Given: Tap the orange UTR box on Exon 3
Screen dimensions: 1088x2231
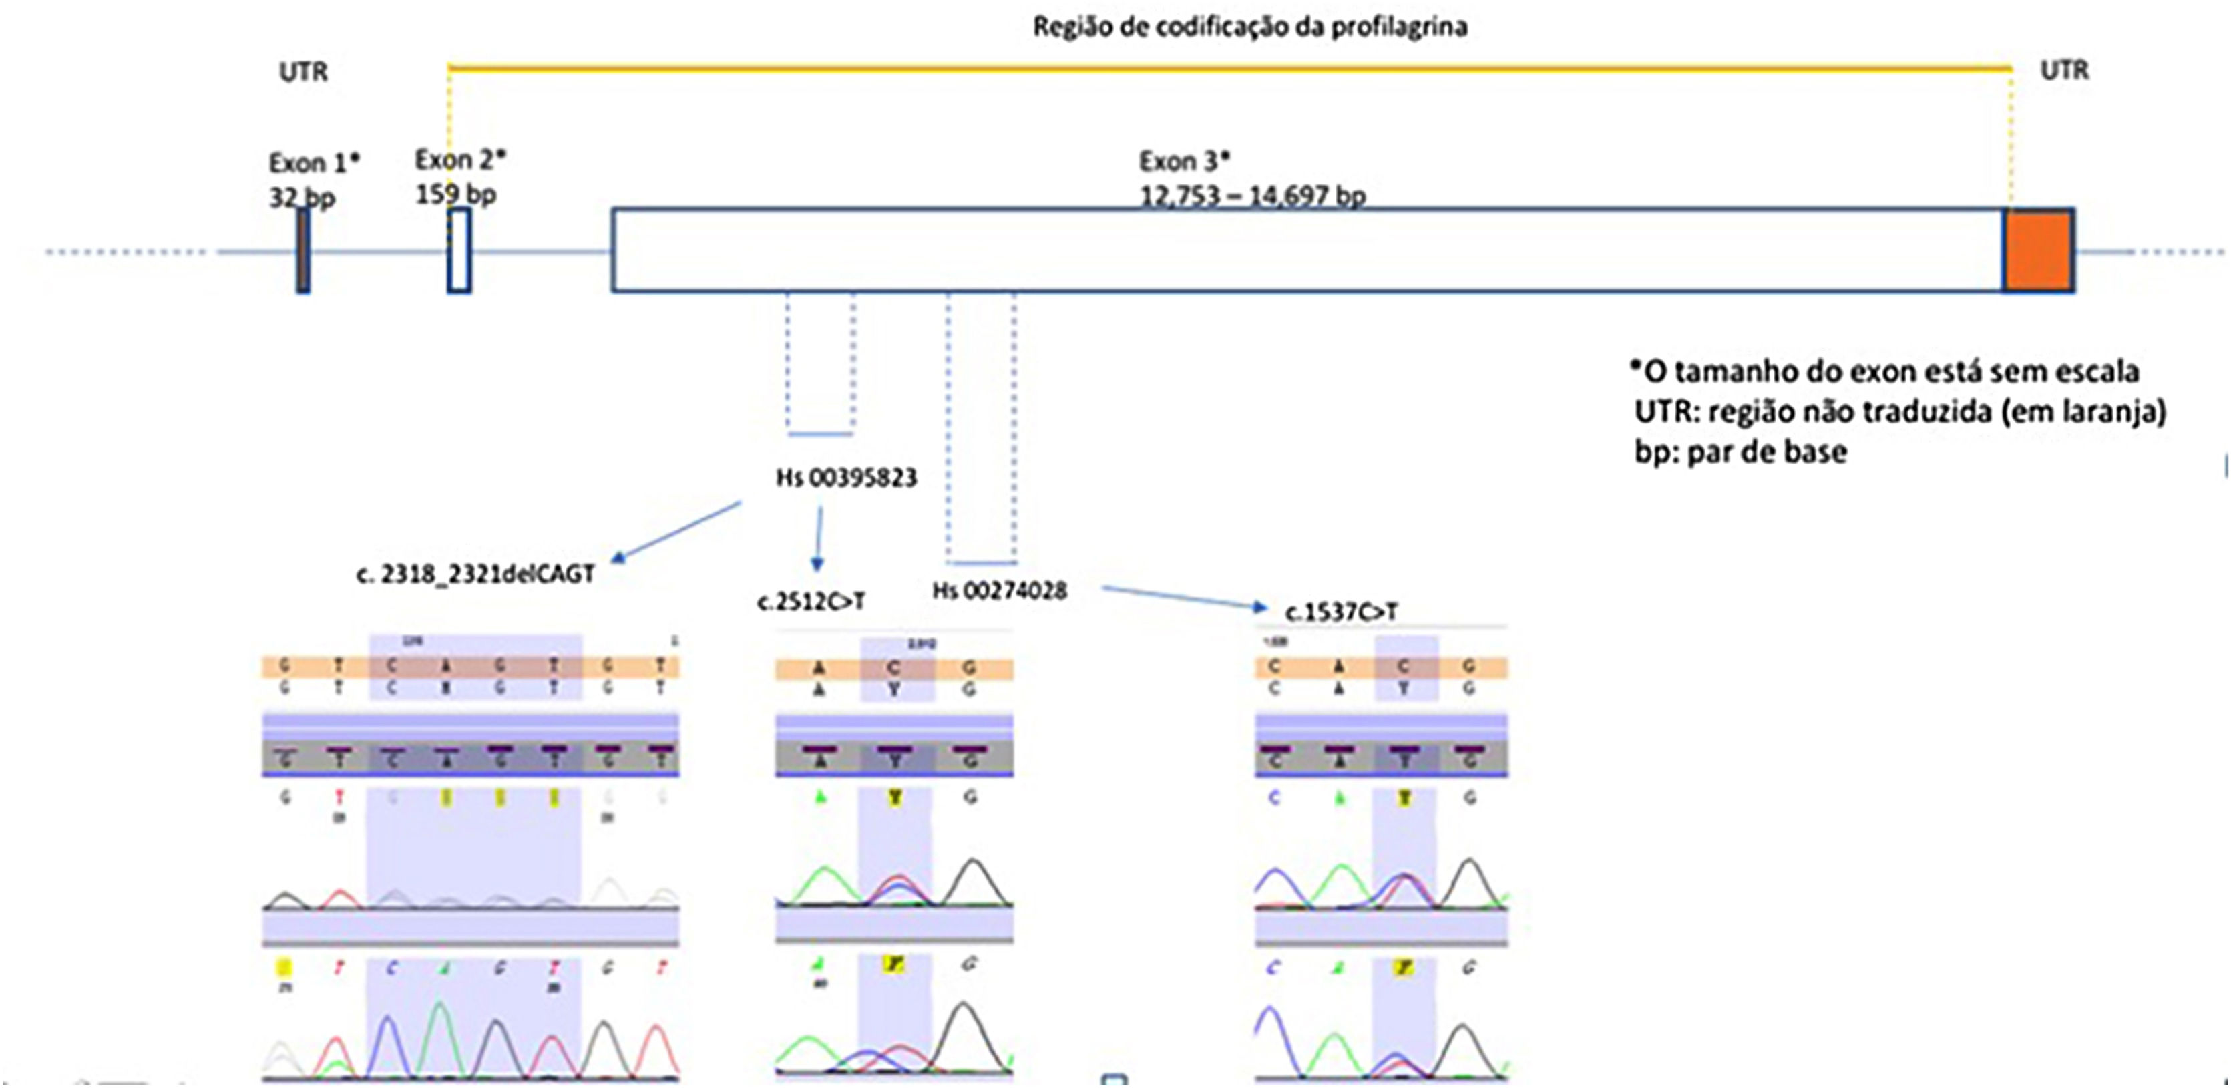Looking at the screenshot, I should (x=2039, y=250).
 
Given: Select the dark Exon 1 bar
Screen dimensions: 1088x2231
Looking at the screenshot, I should (x=303, y=251).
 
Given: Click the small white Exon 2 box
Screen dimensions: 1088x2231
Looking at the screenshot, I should (x=459, y=251).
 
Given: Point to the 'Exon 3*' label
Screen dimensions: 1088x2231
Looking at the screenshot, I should (x=1183, y=162).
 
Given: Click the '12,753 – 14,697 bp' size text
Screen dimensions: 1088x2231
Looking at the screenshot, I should (x=1252, y=196).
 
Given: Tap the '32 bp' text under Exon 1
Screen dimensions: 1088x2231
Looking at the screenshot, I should (x=301, y=198).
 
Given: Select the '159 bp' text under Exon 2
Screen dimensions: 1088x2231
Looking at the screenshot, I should (x=455, y=195).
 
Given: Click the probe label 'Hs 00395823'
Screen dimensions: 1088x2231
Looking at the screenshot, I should (x=846, y=478).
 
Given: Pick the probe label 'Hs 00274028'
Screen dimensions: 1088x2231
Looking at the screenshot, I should (x=1000, y=592).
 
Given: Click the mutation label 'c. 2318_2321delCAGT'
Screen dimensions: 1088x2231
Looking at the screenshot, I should (x=475, y=574).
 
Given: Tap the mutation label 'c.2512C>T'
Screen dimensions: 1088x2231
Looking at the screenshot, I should (x=811, y=602).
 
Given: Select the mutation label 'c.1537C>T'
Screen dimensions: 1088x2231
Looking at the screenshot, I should (x=1341, y=612).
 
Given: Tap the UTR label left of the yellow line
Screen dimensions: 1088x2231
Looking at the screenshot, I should (x=303, y=72).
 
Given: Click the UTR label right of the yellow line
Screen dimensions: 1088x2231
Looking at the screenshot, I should (x=2065, y=70).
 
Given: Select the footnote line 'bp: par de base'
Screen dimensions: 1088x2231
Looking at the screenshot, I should (x=1741, y=452).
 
